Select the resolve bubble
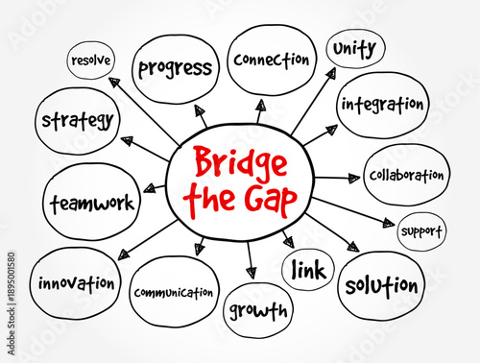point(89,60)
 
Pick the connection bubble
point(272,60)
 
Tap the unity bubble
point(355,48)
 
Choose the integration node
point(381,104)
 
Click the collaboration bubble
point(407,175)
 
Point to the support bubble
point(420,231)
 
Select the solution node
point(381,285)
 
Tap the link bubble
point(308,270)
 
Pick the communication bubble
point(174,292)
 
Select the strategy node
point(78,122)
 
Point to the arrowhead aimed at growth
point(251,273)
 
